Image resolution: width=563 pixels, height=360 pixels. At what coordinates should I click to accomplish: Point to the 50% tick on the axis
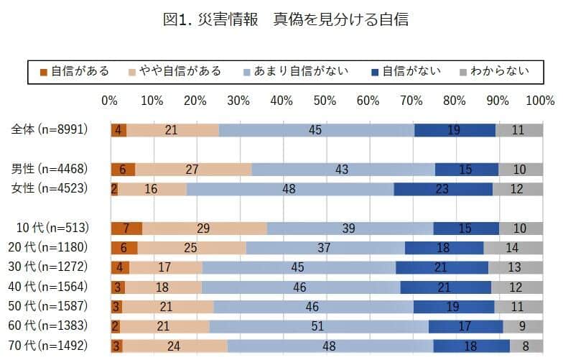pos(325,100)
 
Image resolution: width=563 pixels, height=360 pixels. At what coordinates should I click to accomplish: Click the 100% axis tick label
pos(539,100)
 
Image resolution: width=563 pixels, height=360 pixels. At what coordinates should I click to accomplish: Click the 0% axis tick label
pos(109,100)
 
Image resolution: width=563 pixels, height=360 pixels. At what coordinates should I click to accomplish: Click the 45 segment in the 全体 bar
pos(316,130)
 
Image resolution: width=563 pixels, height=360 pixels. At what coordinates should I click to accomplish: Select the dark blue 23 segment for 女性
pos(443,189)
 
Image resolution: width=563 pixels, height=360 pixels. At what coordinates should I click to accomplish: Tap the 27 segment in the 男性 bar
pos(193,170)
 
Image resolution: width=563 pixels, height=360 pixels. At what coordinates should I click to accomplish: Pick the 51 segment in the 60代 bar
pos(319,326)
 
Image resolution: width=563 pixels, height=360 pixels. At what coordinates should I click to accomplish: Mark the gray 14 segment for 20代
pos(512,248)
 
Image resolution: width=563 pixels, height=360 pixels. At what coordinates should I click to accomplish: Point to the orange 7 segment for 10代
pos(126,229)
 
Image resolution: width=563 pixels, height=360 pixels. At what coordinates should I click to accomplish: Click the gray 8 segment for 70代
pos(526,346)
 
